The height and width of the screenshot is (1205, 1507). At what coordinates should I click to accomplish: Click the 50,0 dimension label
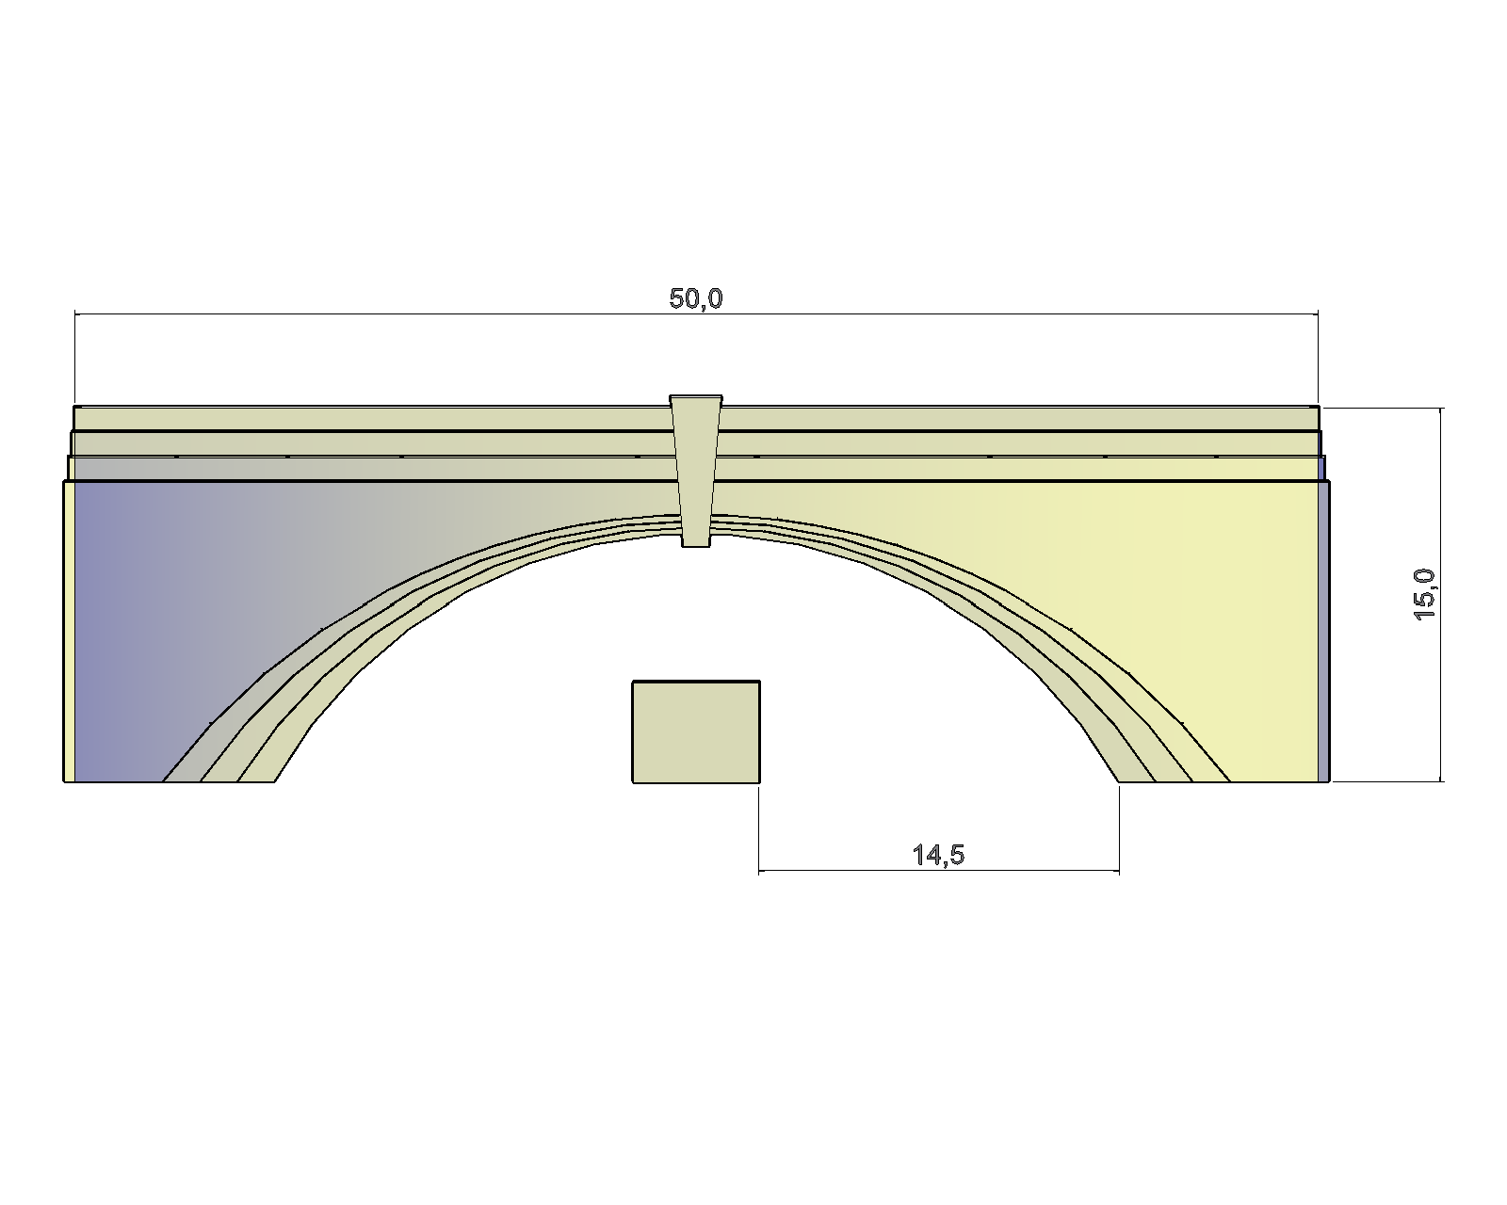[x=695, y=298]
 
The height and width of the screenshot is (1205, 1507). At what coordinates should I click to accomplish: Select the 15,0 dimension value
[x=1424, y=594]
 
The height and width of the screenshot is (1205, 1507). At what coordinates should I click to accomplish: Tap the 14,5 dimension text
[x=938, y=855]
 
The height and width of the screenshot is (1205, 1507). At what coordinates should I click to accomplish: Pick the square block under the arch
[x=696, y=731]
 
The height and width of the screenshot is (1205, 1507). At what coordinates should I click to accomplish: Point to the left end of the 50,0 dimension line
[x=75, y=313]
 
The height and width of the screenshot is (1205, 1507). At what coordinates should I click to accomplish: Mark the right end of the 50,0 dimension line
[x=1318, y=313]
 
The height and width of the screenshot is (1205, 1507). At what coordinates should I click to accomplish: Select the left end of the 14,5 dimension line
[x=759, y=872]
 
